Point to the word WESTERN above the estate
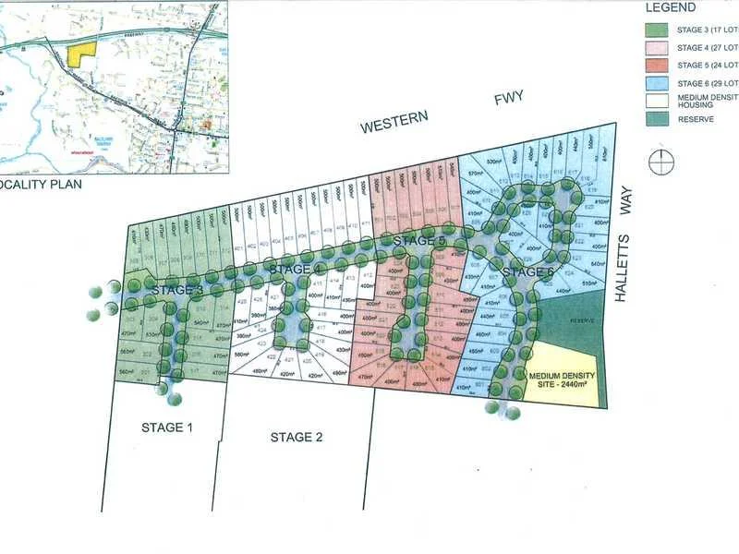coord(395,121)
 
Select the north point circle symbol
coord(661,162)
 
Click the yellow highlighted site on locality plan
coord(80,53)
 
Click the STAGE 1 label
coord(167,428)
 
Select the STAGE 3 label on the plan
coord(178,290)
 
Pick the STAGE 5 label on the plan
coord(419,241)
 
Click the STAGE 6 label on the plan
coord(529,272)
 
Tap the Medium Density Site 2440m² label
coord(562,380)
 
